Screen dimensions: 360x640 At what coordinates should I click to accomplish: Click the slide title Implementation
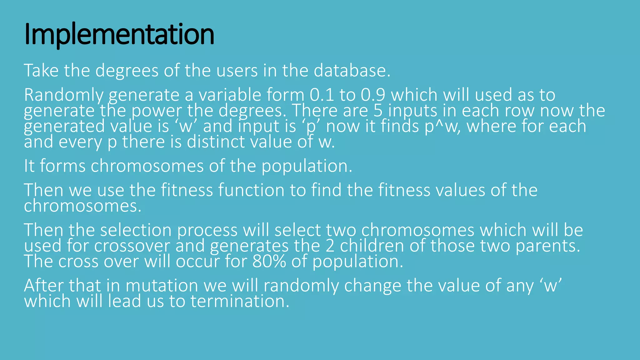[x=119, y=34]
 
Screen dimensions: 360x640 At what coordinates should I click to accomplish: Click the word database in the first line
[x=352, y=71]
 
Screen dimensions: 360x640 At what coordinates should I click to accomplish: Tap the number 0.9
[x=373, y=95]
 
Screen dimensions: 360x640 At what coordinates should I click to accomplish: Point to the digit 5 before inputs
[x=378, y=111]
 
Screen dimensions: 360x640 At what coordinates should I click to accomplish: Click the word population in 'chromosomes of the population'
[x=306, y=166]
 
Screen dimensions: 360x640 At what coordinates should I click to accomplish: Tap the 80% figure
[x=269, y=262]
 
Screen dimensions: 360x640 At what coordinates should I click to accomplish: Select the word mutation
[x=162, y=286]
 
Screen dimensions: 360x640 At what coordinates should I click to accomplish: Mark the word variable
[x=230, y=95]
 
